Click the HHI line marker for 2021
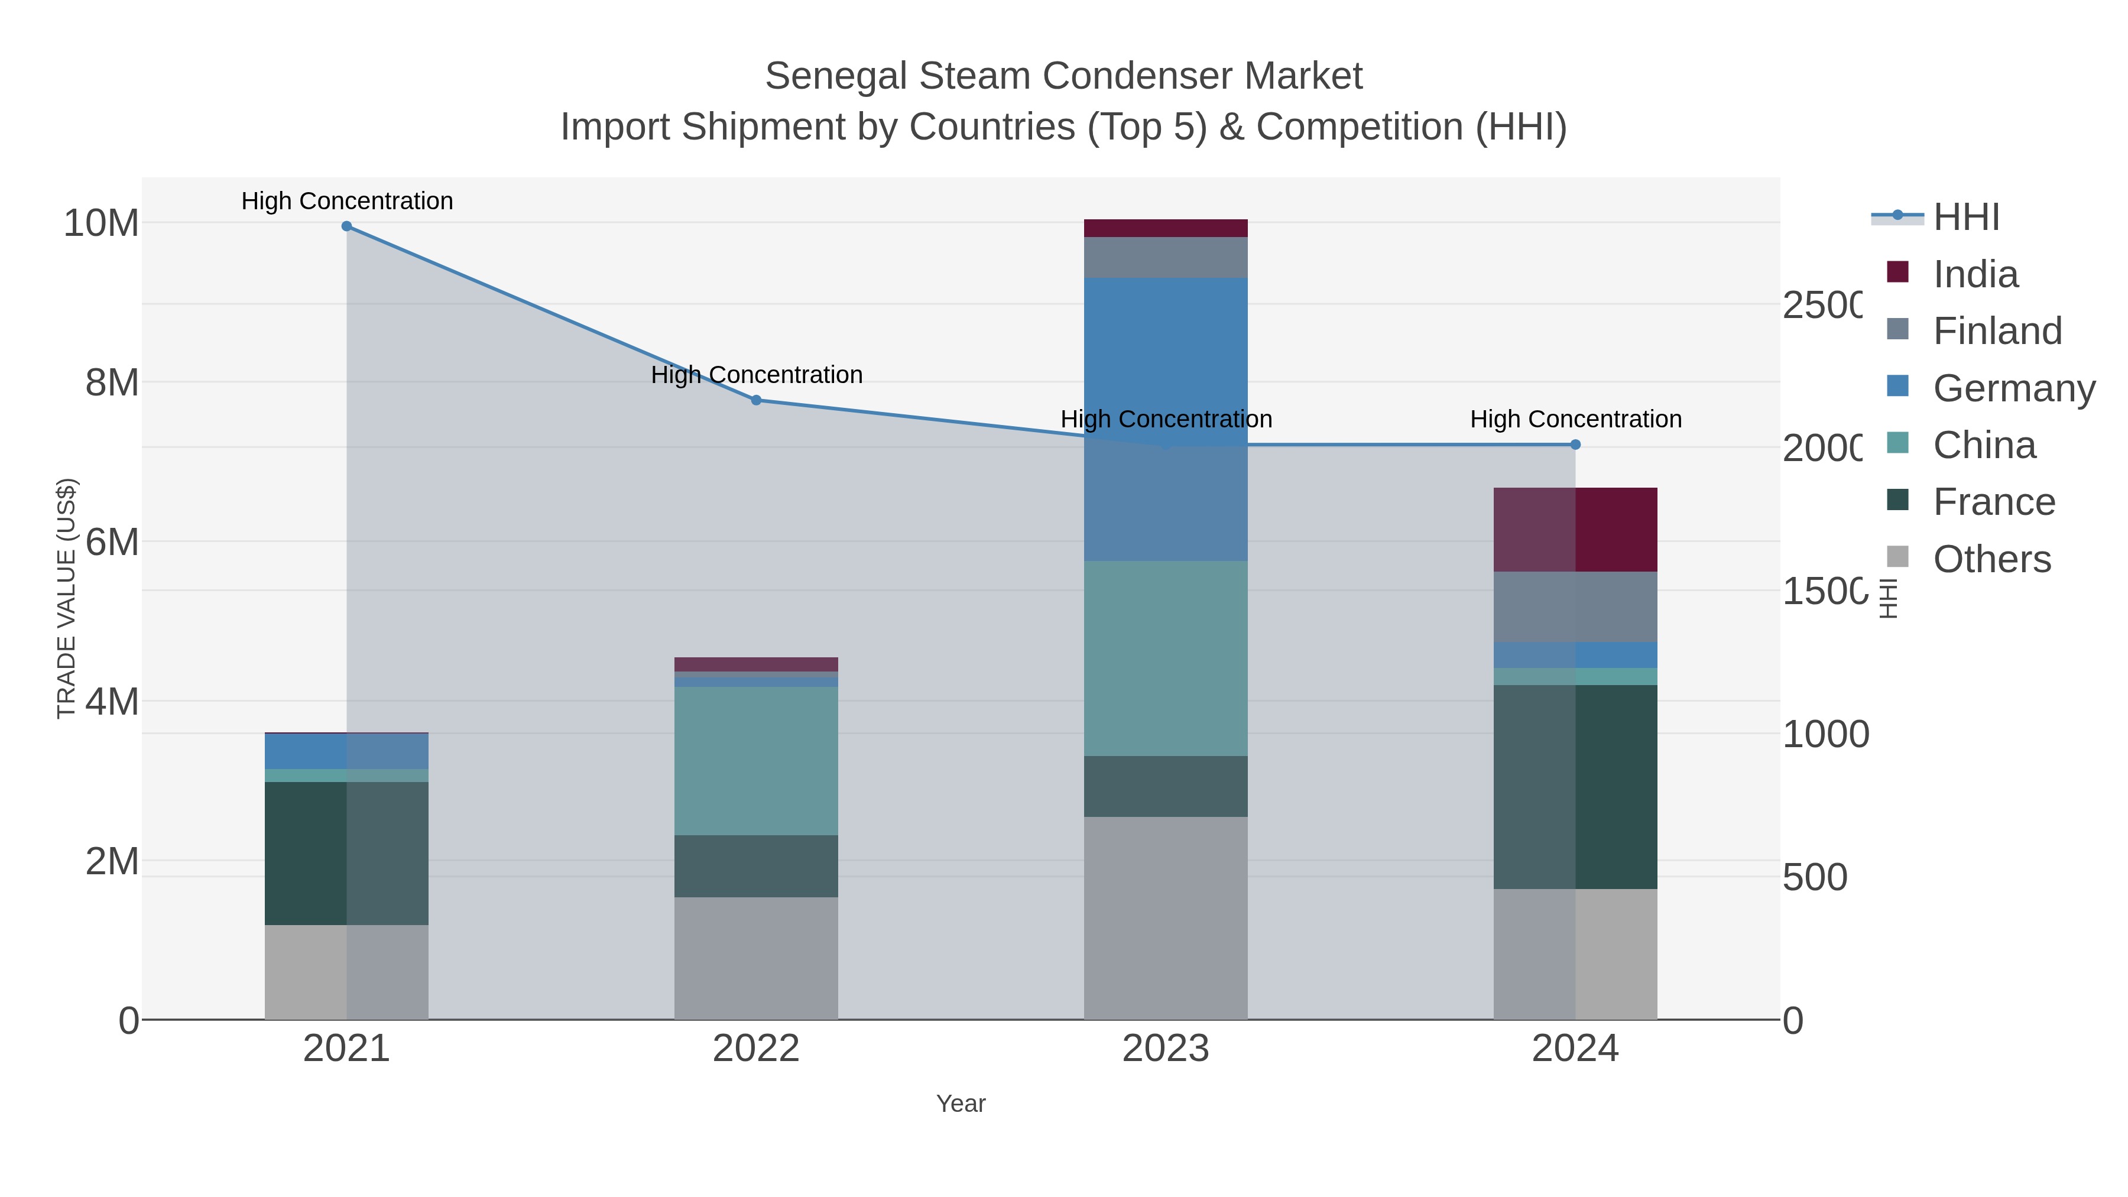(x=347, y=226)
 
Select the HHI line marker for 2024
(x=1575, y=445)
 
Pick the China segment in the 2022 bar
(x=756, y=760)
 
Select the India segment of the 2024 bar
(x=1575, y=530)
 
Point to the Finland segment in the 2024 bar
(x=1575, y=606)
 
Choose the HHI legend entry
(x=1965, y=218)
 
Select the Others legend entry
(x=1991, y=559)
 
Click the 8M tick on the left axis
(x=112, y=382)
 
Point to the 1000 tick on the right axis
(x=1825, y=734)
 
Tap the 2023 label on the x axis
(x=1166, y=1048)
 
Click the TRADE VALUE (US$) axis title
(x=66, y=598)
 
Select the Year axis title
(x=961, y=1104)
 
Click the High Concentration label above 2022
(x=756, y=375)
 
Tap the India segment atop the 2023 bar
(x=1166, y=228)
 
